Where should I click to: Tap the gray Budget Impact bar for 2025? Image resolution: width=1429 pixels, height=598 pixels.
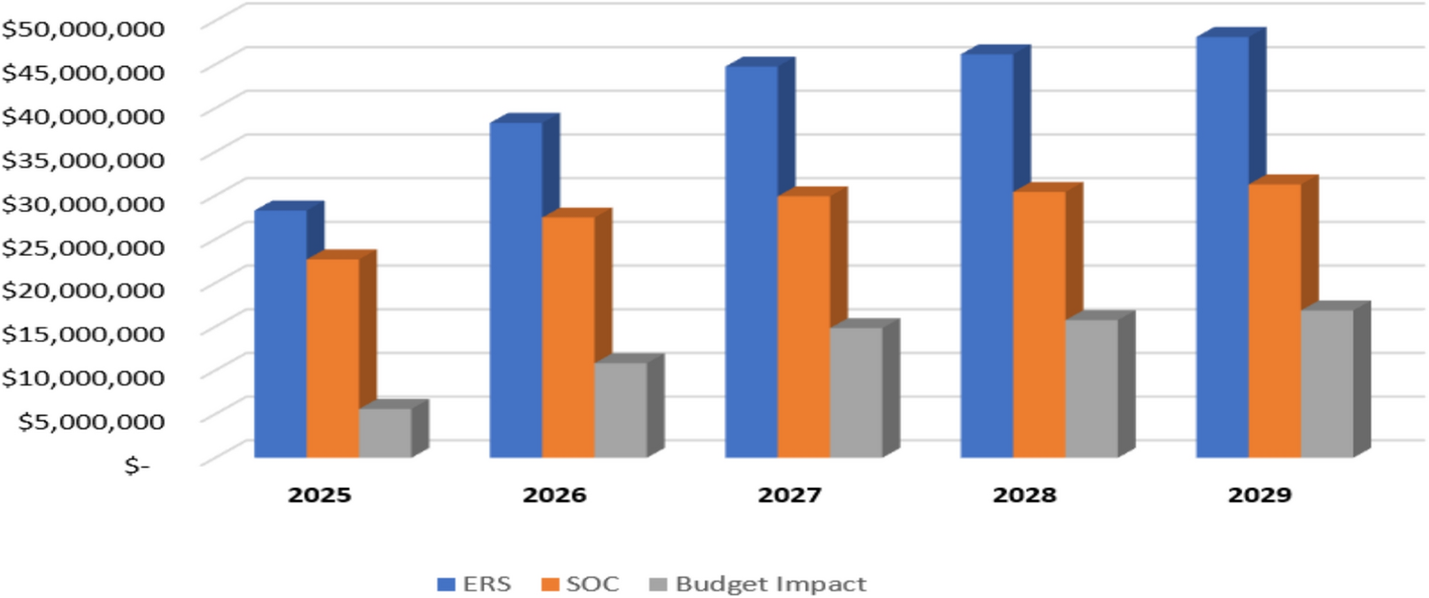[x=385, y=433]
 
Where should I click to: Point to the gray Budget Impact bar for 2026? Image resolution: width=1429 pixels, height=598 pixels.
[x=621, y=409]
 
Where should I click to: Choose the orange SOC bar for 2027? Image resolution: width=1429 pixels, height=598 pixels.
[x=804, y=326]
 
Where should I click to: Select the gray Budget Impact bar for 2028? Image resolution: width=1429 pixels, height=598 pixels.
[x=1091, y=388]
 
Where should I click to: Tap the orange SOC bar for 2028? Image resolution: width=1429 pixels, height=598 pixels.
[x=1039, y=324]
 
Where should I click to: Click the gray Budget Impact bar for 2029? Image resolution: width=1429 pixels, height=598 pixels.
[x=1326, y=383]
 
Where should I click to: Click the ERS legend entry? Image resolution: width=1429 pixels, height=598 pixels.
[x=474, y=584]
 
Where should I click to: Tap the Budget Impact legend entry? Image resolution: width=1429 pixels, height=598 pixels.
[x=758, y=584]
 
